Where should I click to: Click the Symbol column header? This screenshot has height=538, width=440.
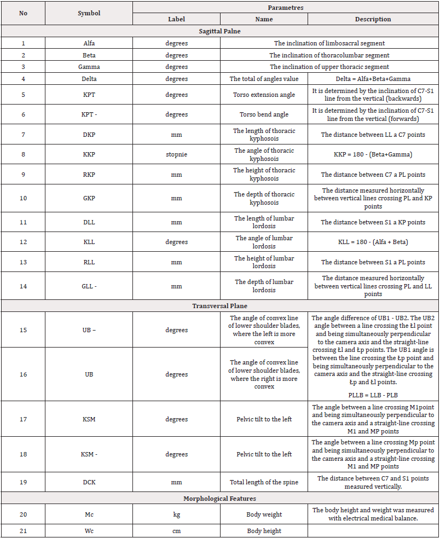pyautogui.click(x=89, y=13)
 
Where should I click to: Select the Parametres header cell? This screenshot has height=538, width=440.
pyautogui.click(x=286, y=7)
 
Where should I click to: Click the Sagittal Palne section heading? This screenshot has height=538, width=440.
pyautogui.click(x=219, y=31)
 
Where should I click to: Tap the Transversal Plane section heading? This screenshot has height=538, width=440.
pyautogui.click(x=219, y=306)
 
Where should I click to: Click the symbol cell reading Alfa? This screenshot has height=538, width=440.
pyautogui.click(x=89, y=43)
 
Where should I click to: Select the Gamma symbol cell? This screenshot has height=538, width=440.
pyautogui.click(x=89, y=67)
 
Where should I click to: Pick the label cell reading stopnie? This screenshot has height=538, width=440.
pyautogui.click(x=176, y=154)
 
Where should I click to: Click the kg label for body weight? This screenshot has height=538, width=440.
pyautogui.click(x=176, y=514)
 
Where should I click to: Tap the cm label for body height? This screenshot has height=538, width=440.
pyautogui.click(x=176, y=531)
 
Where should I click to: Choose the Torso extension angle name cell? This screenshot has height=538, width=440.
pyautogui.click(x=264, y=95)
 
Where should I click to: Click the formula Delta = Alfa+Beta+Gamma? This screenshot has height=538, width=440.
pyautogui.click(x=373, y=79)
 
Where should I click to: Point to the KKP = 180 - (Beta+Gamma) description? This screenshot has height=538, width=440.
pyautogui.click(x=373, y=154)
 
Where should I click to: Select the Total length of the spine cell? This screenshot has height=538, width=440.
pyautogui.click(x=264, y=482)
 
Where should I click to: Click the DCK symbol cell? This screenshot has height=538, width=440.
pyautogui.click(x=89, y=482)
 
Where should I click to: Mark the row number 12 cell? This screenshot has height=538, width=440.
pyautogui.click(x=23, y=242)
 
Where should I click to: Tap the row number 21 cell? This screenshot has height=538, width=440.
pyautogui.click(x=23, y=531)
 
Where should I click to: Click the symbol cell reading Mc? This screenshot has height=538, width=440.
pyautogui.click(x=89, y=514)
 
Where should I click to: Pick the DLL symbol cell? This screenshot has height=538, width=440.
pyautogui.click(x=89, y=222)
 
